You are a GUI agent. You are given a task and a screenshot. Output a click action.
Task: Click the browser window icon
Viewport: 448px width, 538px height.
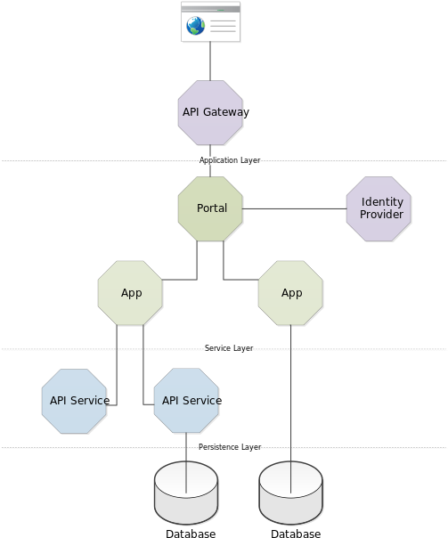pos(210,21)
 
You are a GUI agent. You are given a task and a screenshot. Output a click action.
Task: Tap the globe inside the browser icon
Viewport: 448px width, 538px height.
pos(196,26)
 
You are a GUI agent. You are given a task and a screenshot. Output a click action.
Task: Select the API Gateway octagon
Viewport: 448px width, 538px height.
pos(210,112)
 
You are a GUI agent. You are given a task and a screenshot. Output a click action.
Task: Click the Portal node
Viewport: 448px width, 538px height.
pos(210,208)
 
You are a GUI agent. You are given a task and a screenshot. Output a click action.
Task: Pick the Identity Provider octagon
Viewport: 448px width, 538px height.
pos(379,208)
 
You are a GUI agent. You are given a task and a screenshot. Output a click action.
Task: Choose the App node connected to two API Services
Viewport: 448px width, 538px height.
pos(130,293)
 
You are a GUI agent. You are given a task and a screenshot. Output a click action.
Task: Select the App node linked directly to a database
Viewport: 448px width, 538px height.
pos(290,293)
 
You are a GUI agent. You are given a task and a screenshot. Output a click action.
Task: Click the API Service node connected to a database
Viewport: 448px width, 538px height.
pos(186,401)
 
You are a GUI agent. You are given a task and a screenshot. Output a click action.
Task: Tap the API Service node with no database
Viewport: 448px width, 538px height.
pos(74,401)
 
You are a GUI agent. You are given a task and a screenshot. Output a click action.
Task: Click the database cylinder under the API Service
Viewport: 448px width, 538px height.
pos(186,493)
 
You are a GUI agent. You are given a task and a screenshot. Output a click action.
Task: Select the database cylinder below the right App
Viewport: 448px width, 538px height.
pos(291,493)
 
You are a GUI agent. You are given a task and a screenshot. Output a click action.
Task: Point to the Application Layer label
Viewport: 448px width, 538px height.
pos(230,160)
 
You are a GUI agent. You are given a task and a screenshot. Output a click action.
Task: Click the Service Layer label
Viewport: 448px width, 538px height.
pos(229,348)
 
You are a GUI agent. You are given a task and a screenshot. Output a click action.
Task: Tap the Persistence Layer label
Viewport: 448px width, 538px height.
pos(230,447)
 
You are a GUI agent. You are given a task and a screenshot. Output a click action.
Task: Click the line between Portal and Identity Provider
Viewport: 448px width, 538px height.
pos(294,208)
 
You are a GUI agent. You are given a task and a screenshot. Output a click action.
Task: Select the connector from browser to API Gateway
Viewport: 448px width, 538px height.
pos(210,61)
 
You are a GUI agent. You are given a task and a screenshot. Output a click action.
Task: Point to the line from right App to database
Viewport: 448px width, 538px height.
pos(291,409)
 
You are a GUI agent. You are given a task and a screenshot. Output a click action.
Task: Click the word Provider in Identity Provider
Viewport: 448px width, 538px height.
pos(381,215)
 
